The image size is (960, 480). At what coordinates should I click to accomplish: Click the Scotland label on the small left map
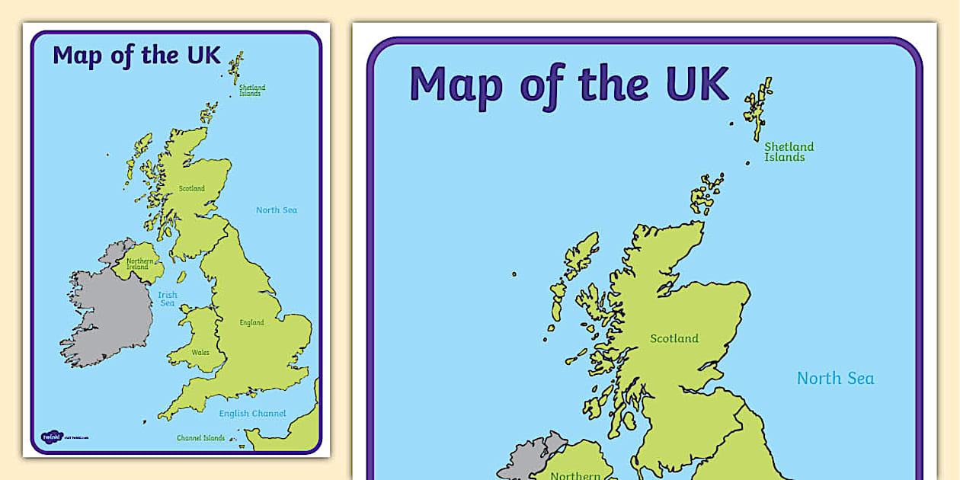point(192,188)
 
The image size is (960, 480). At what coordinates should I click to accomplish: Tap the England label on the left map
point(251,322)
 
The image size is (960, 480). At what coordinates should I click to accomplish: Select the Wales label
point(200,353)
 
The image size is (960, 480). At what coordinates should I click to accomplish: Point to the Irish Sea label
point(167,299)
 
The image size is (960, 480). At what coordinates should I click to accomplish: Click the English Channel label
point(252,414)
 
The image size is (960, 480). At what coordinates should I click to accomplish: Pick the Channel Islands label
point(200,438)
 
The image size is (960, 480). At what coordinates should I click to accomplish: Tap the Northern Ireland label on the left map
point(139,264)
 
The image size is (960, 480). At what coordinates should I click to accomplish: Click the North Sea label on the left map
point(276,210)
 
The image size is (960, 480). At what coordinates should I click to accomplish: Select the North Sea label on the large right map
point(835,378)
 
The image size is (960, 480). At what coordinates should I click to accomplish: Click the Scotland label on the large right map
point(674,338)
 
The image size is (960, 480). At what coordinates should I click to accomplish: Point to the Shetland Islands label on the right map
point(789,152)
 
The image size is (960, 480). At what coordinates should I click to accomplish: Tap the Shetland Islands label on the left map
point(251,91)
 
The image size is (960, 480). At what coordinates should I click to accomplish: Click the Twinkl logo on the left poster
point(51,437)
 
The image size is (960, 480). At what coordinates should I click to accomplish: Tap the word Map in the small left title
point(77,56)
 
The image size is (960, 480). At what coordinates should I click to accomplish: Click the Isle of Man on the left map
point(181,277)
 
